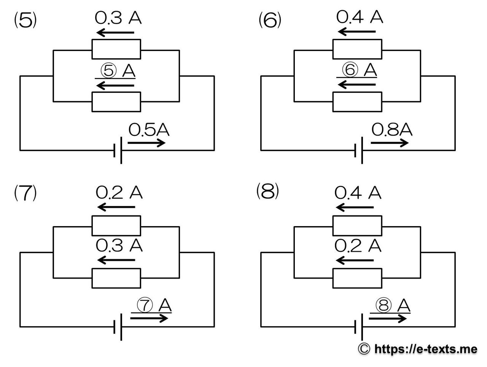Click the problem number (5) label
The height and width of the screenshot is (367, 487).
point(25,21)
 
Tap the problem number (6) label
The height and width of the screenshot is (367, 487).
point(270,21)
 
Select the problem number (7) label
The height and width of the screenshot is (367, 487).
point(25,193)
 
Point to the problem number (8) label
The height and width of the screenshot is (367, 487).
point(268,191)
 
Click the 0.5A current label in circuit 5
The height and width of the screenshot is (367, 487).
point(149,131)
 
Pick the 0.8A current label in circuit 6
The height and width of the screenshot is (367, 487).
point(392,130)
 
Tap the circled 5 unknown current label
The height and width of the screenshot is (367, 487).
point(118,70)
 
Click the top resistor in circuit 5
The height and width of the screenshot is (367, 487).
point(116,49)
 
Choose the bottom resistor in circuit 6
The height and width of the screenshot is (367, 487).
point(357,102)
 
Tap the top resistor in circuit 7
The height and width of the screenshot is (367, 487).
point(116,226)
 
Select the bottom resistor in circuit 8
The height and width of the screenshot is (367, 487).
point(357,278)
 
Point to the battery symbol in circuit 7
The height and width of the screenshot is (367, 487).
point(118,327)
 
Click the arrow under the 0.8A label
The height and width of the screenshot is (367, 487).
point(389,143)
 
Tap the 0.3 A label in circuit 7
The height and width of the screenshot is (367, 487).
point(119,246)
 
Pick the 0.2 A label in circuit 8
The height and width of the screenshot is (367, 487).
point(358,246)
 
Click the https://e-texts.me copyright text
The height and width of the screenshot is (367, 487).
point(418,348)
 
